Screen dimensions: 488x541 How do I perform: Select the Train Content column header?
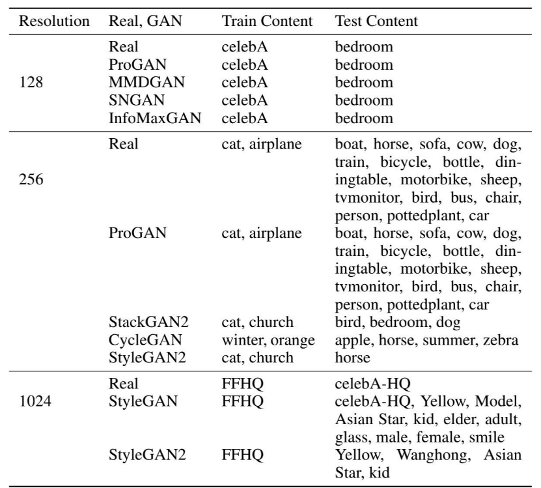coord(262,22)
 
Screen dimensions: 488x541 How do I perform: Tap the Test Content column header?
coord(377,22)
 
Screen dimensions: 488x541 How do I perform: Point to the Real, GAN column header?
coord(147,22)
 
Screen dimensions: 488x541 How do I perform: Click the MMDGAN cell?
coord(142,83)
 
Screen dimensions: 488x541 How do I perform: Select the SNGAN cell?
coord(134,101)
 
